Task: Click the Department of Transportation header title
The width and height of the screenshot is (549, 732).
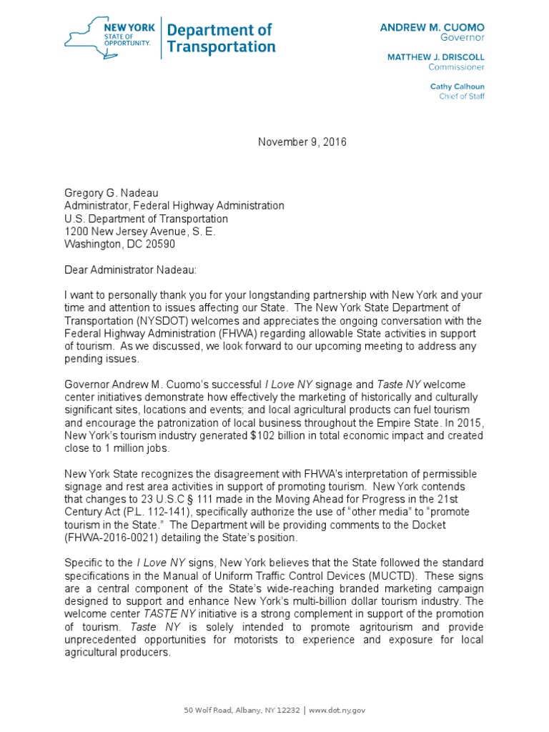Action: [220, 39]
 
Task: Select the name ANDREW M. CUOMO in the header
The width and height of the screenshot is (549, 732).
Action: [432, 26]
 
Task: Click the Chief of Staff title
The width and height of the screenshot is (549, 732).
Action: [461, 97]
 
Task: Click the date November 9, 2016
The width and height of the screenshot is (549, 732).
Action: [302, 142]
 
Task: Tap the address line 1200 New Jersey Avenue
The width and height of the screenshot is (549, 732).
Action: [139, 232]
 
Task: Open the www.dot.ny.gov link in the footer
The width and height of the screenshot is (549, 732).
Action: [336, 710]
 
